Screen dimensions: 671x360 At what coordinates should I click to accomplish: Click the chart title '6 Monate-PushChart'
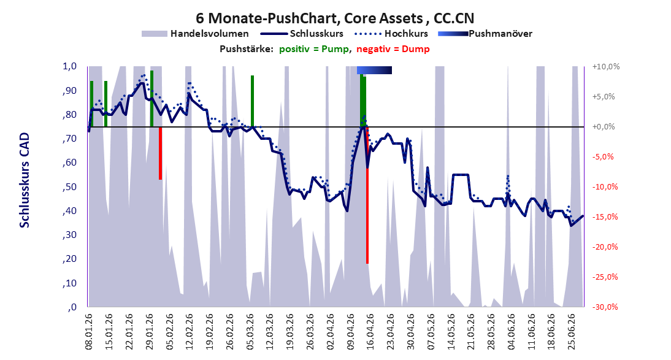(x=267, y=18)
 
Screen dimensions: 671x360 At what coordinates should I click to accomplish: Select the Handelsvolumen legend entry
(x=195, y=33)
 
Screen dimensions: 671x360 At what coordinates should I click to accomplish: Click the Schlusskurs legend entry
(x=302, y=33)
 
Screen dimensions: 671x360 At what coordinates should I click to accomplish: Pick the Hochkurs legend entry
(x=391, y=33)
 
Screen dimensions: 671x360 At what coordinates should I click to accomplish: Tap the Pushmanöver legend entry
(x=485, y=33)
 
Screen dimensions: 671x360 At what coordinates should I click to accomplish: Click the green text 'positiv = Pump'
(x=314, y=49)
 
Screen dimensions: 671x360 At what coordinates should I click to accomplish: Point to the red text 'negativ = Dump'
(x=393, y=49)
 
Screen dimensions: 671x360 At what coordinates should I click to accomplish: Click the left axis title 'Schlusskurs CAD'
(x=25, y=180)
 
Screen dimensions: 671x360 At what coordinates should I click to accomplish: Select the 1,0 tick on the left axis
(x=69, y=66)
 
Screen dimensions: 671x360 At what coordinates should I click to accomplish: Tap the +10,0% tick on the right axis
(x=606, y=67)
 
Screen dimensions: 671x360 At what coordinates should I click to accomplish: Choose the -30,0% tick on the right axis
(x=605, y=307)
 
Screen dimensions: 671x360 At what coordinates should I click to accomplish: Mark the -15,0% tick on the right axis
(x=605, y=216)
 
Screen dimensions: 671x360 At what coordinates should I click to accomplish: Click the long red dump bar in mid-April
(x=367, y=195)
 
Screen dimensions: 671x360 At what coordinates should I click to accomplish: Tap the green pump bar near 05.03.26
(x=253, y=101)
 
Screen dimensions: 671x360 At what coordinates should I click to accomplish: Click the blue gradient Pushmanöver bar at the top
(x=374, y=70)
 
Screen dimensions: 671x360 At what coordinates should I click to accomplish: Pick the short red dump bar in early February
(x=160, y=153)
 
